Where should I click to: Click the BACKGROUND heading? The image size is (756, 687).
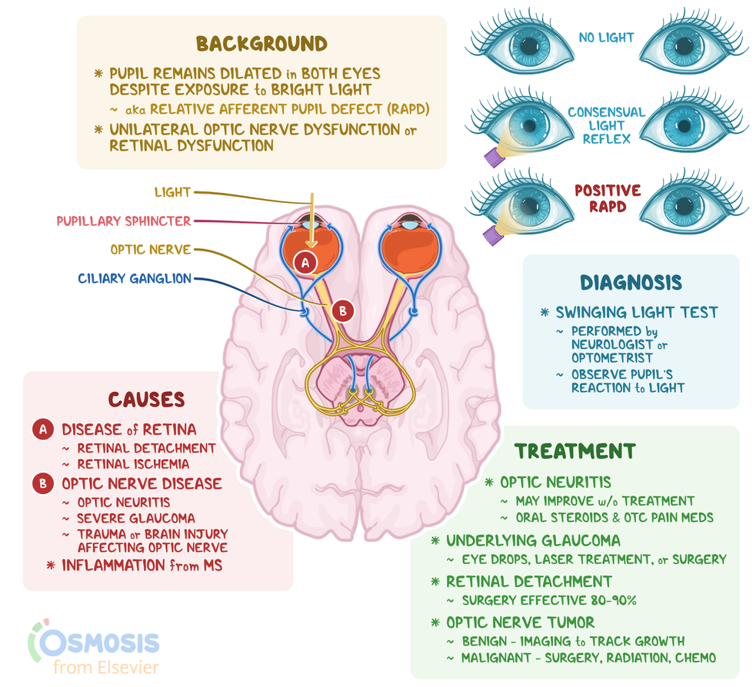pos(261,43)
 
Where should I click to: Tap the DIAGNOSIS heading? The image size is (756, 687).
pos(631,282)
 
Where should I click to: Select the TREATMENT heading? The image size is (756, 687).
pos(575,451)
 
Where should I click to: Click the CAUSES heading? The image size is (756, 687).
pos(146,400)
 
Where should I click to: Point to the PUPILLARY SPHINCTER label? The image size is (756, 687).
pos(123,221)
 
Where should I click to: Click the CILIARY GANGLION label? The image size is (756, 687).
pos(135,278)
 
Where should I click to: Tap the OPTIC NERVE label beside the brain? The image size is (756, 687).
pos(151,250)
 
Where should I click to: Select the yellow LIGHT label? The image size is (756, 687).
pos(172,192)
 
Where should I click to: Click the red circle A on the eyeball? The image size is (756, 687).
pos(305,262)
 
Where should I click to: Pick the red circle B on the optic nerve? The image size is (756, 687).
pos(343,310)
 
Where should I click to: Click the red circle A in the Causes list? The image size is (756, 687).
pos(43,429)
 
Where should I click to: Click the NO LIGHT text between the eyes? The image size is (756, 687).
pos(606,37)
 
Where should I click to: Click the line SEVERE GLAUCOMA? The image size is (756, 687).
pos(136,518)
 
